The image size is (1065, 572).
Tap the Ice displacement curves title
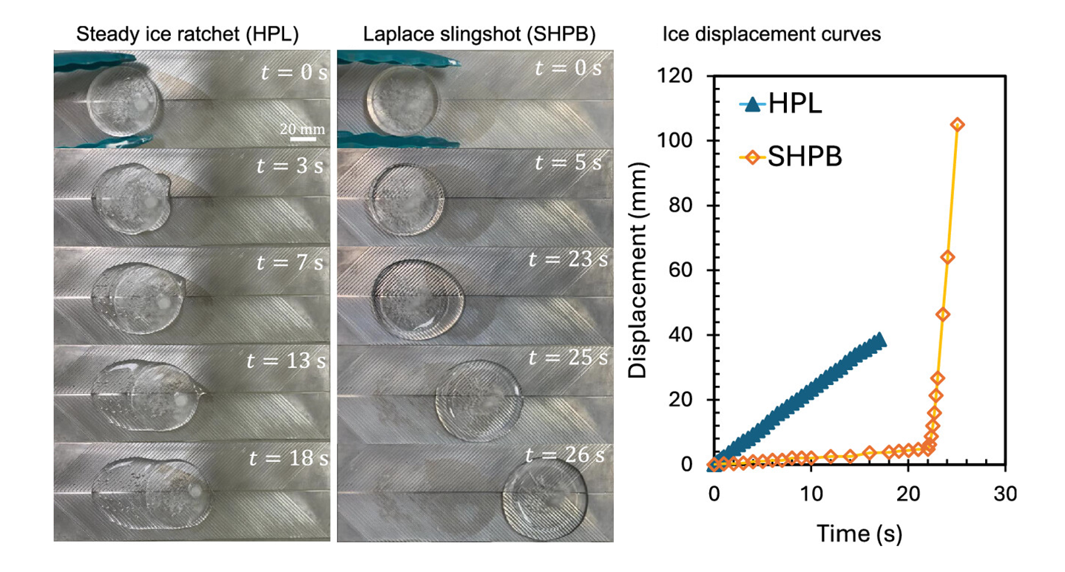pos(771,34)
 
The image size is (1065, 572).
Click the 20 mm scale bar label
pos(302,129)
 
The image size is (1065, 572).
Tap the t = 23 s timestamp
pos(567,260)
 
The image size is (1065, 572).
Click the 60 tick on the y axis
pos(687,270)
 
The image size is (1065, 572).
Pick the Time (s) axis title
pos(859,532)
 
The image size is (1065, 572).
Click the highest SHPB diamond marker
pos(957,125)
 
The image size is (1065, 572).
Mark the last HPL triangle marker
pos(879,340)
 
